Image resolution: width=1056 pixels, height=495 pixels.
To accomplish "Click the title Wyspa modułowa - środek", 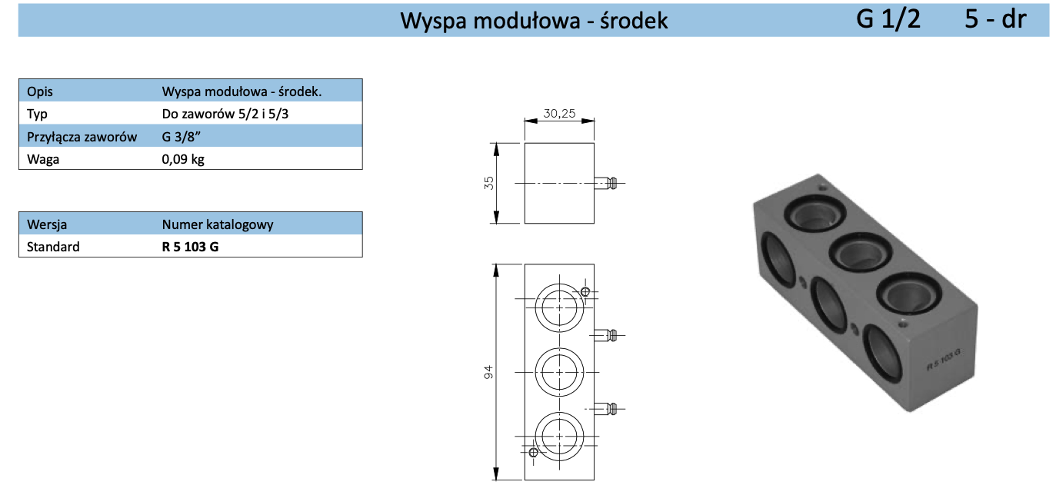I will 534,21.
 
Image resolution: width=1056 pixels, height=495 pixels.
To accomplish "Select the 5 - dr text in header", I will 995,19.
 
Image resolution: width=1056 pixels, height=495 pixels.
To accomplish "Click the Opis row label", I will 40,91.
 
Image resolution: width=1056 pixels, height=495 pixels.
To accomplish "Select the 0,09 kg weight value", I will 183,159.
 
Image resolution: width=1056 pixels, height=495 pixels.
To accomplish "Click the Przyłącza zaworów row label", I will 82,137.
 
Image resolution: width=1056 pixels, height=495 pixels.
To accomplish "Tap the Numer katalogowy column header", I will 218,224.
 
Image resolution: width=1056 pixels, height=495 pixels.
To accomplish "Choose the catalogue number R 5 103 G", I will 190,247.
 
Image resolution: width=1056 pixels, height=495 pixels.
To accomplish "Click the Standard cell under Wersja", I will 53,247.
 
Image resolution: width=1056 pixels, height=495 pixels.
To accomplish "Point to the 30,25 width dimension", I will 559,113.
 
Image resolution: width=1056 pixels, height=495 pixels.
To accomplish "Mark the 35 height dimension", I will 490,183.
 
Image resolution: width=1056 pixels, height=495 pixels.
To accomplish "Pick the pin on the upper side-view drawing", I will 607,183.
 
